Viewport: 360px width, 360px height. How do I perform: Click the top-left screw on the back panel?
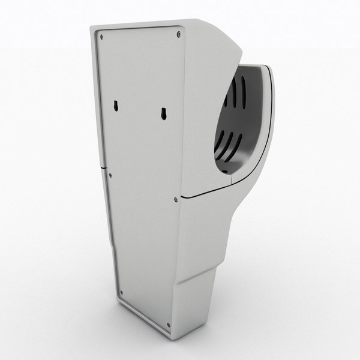[x=101, y=37]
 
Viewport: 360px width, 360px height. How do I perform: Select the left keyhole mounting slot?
[x=114, y=107]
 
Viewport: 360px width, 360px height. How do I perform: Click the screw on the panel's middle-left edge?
[x=110, y=175]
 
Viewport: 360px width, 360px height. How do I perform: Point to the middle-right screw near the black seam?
[x=175, y=199]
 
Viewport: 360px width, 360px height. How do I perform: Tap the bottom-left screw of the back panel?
[x=121, y=293]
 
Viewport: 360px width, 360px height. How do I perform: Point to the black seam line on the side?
[x=210, y=192]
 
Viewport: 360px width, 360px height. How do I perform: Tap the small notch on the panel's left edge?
[x=104, y=164]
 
